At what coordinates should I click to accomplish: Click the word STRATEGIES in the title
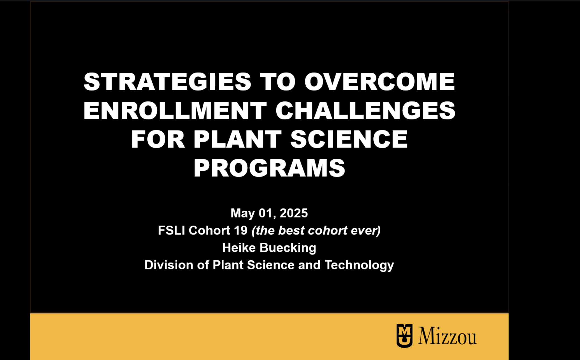[x=167, y=82]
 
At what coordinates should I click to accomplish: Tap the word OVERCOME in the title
[x=379, y=82]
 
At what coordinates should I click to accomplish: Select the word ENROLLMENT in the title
[x=175, y=110]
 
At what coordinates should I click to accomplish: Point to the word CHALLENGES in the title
[x=366, y=110]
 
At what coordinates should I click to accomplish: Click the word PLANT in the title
[x=237, y=139]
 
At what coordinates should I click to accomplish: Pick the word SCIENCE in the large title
[x=349, y=139]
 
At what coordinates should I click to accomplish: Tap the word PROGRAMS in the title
[x=269, y=168]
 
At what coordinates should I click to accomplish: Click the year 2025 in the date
[x=294, y=213]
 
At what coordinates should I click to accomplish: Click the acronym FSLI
[x=171, y=231]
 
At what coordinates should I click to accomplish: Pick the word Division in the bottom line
[x=169, y=265]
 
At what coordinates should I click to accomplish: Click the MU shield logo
[x=404, y=336]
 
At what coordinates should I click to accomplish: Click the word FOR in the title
[x=158, y=139]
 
